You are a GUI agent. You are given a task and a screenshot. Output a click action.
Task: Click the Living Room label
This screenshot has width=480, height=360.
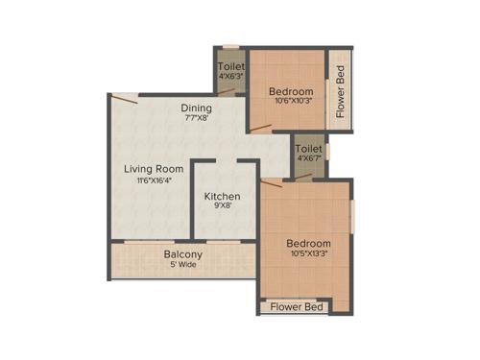(154, 169)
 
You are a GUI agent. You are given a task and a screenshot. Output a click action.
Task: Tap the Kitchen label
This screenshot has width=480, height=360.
(222, 196)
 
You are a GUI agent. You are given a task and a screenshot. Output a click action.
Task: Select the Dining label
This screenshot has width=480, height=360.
(197, 108)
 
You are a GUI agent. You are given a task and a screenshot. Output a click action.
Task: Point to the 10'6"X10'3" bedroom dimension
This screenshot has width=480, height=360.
(291, 104)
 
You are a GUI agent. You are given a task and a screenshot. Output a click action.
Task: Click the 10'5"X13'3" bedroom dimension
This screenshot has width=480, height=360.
(308, 255)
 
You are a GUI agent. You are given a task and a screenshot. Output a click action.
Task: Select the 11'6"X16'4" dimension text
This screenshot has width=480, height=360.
(154, 180)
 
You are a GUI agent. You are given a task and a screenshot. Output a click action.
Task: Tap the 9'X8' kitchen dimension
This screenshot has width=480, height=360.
(222, 207)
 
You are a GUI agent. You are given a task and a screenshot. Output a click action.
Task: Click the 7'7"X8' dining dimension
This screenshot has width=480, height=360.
(197, 120)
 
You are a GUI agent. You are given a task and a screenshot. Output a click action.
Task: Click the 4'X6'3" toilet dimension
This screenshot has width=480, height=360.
(231, 76)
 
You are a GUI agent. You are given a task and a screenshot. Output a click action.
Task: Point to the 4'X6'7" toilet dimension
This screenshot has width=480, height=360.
(308, 160)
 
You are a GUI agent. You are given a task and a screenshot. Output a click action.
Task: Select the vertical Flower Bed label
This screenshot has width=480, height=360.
(340, 91)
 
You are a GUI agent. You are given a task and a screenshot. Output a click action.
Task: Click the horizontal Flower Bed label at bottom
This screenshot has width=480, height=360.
(296, 308)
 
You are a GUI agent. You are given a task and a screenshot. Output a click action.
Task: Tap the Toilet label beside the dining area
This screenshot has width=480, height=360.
(231, 65)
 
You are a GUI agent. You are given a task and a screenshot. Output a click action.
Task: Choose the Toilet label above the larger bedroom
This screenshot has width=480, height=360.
(308, 150)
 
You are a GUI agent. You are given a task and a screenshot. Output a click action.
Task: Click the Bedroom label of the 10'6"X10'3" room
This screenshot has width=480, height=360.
(291, 92)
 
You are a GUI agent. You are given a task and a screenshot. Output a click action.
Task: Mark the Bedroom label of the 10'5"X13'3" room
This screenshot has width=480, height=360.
(308, 244)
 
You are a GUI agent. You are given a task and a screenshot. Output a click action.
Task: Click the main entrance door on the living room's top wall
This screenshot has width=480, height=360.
(126, 97)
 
